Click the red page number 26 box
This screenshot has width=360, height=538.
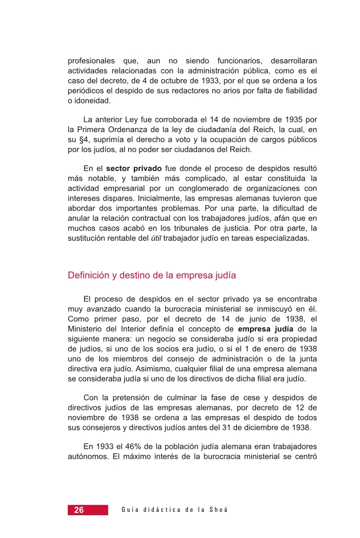point(88,510)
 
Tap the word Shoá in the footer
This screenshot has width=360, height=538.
point(219,510)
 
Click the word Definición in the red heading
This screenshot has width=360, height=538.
point(88,276)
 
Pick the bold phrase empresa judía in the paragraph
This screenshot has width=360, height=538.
point(266,329)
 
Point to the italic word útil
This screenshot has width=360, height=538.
point(156,239)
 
